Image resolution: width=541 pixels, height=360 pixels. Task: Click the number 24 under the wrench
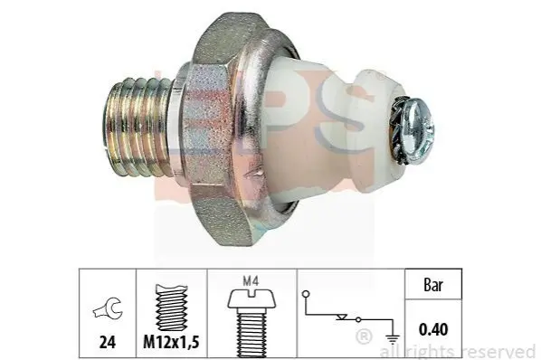tap(108, 342)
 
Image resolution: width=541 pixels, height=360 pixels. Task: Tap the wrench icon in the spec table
tap(108, 308)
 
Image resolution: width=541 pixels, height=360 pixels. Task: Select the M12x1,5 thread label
tap(171, 342)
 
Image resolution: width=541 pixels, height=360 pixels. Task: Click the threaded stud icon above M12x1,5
tap(172, 308)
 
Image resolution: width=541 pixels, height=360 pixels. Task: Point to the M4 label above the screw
tap(251, 281)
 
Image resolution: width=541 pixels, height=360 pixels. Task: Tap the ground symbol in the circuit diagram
tap(393, 339)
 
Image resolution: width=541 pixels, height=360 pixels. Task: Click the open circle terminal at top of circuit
tap(306, 294)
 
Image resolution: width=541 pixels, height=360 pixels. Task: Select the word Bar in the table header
tap(433, 285)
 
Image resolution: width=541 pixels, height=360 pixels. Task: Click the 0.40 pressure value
tap(433, 329)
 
